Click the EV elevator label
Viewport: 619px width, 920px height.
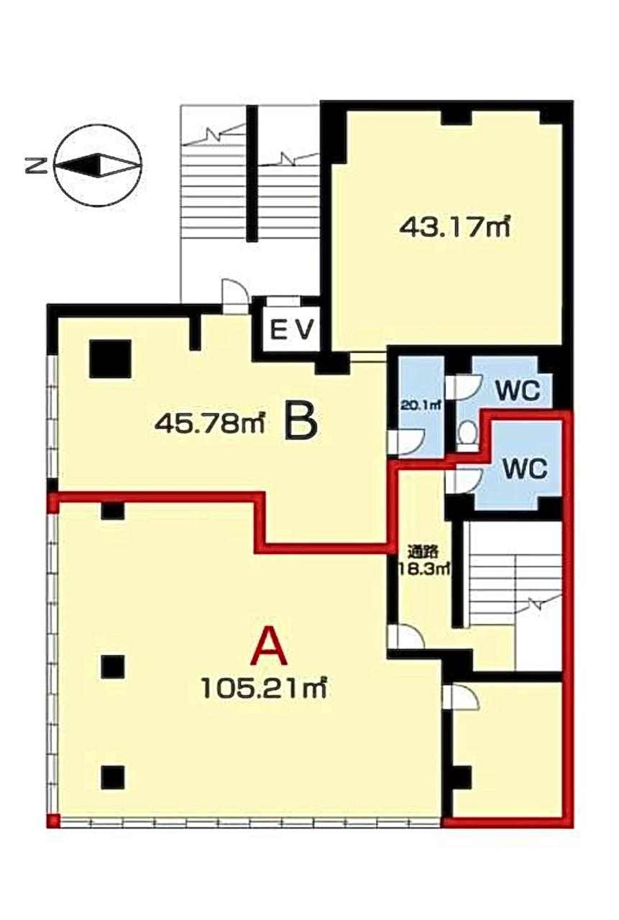tap(292, 330)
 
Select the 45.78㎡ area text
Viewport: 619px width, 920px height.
tap(209, 423)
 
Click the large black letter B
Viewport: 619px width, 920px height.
tap(301, 423)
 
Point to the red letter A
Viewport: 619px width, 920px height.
tap(269, 648)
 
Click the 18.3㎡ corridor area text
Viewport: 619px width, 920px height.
tap(423, 569)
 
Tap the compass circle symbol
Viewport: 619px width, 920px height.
tap(98, 166)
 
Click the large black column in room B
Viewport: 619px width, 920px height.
tap(110, 359)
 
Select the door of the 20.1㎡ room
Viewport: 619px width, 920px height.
tap(406, 442)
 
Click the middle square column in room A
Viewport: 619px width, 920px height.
tap(113, 666)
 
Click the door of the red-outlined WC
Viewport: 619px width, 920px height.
tap(463, 482)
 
